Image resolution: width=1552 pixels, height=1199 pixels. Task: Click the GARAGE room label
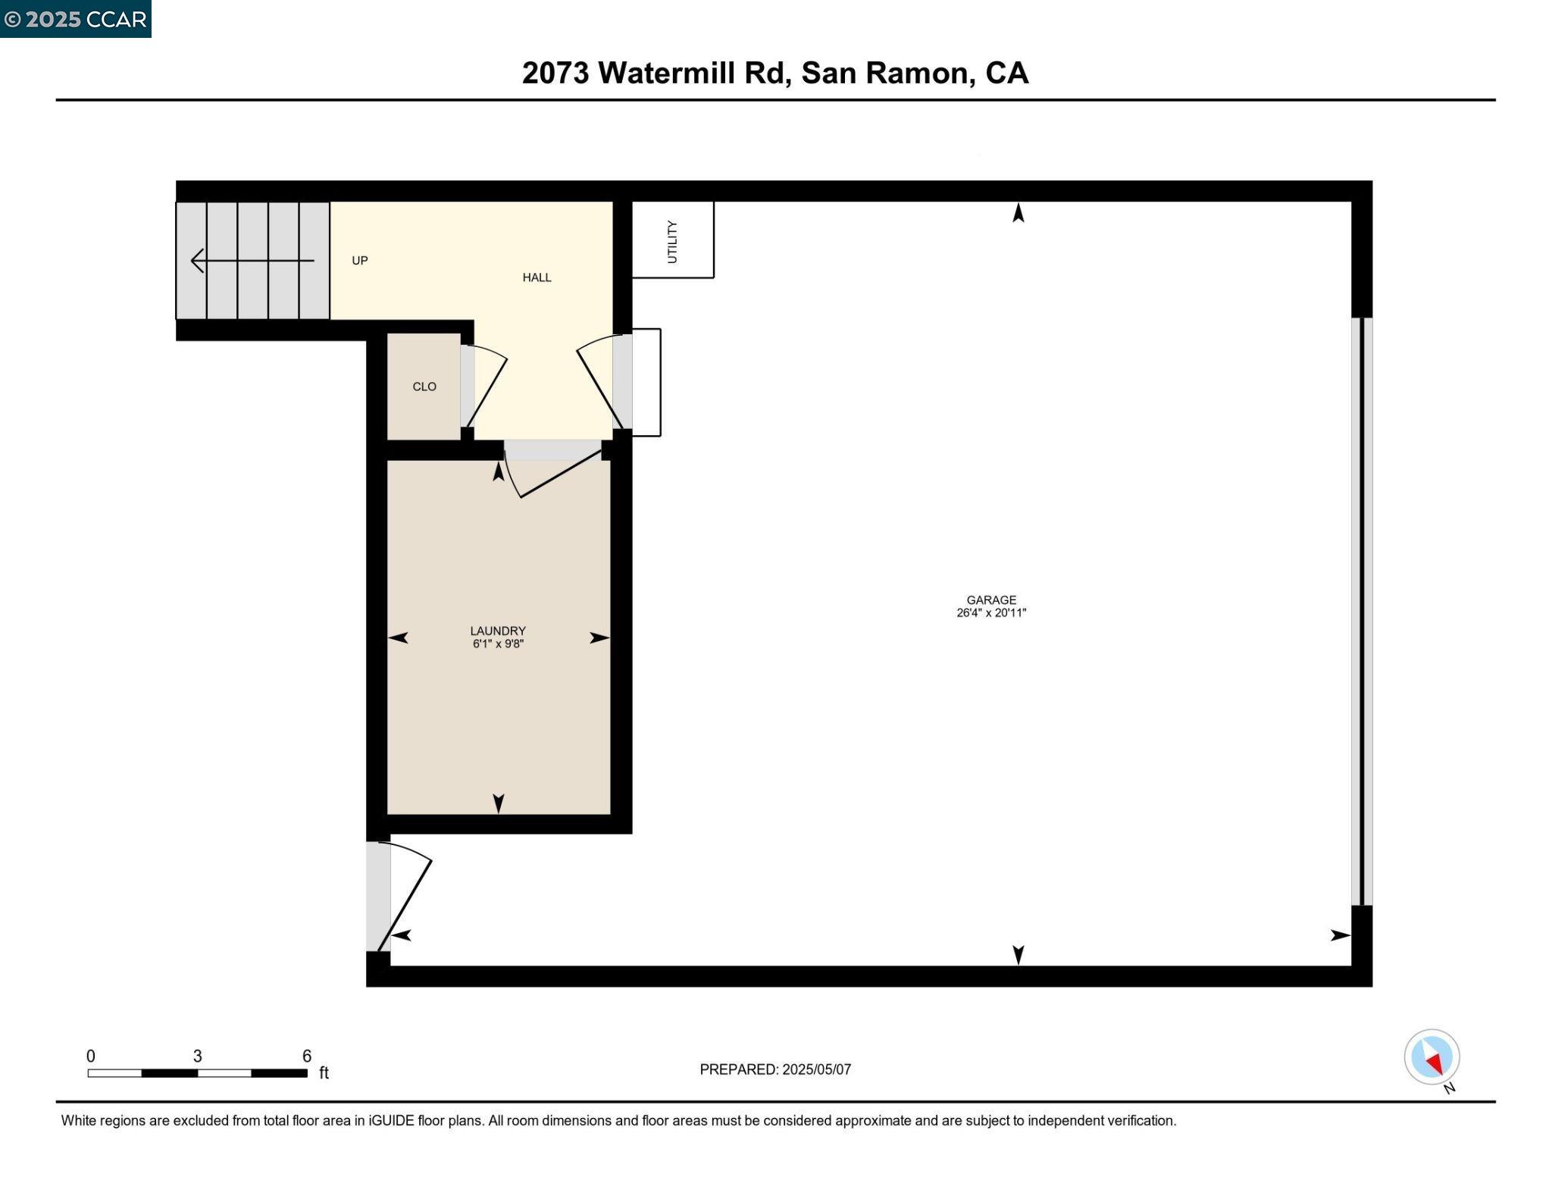point(990,599)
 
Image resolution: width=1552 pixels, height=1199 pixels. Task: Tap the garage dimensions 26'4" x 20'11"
point(990,613)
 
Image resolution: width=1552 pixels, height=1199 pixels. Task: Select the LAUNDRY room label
point(497,631)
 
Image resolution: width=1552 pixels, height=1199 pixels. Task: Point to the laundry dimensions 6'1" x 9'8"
point(497,644)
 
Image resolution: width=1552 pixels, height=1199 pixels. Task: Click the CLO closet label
point(424,387)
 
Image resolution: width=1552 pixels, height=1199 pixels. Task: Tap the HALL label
point(537,277)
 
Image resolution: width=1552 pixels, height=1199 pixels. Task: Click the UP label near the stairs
point(359,261)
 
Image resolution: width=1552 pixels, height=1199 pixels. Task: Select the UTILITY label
point(672,241)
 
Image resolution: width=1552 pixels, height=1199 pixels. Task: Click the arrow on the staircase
point(251,261)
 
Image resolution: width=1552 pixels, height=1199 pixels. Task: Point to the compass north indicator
point(1432,1057)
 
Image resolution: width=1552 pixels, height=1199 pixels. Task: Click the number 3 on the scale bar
point(197,1056)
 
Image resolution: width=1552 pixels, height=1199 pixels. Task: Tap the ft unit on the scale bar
point(324,1072)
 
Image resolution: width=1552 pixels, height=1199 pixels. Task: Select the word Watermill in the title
point(689,73)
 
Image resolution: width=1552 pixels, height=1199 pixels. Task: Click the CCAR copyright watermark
point(75,19)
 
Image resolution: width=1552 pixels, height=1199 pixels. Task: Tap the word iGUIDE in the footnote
point(391,1120)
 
